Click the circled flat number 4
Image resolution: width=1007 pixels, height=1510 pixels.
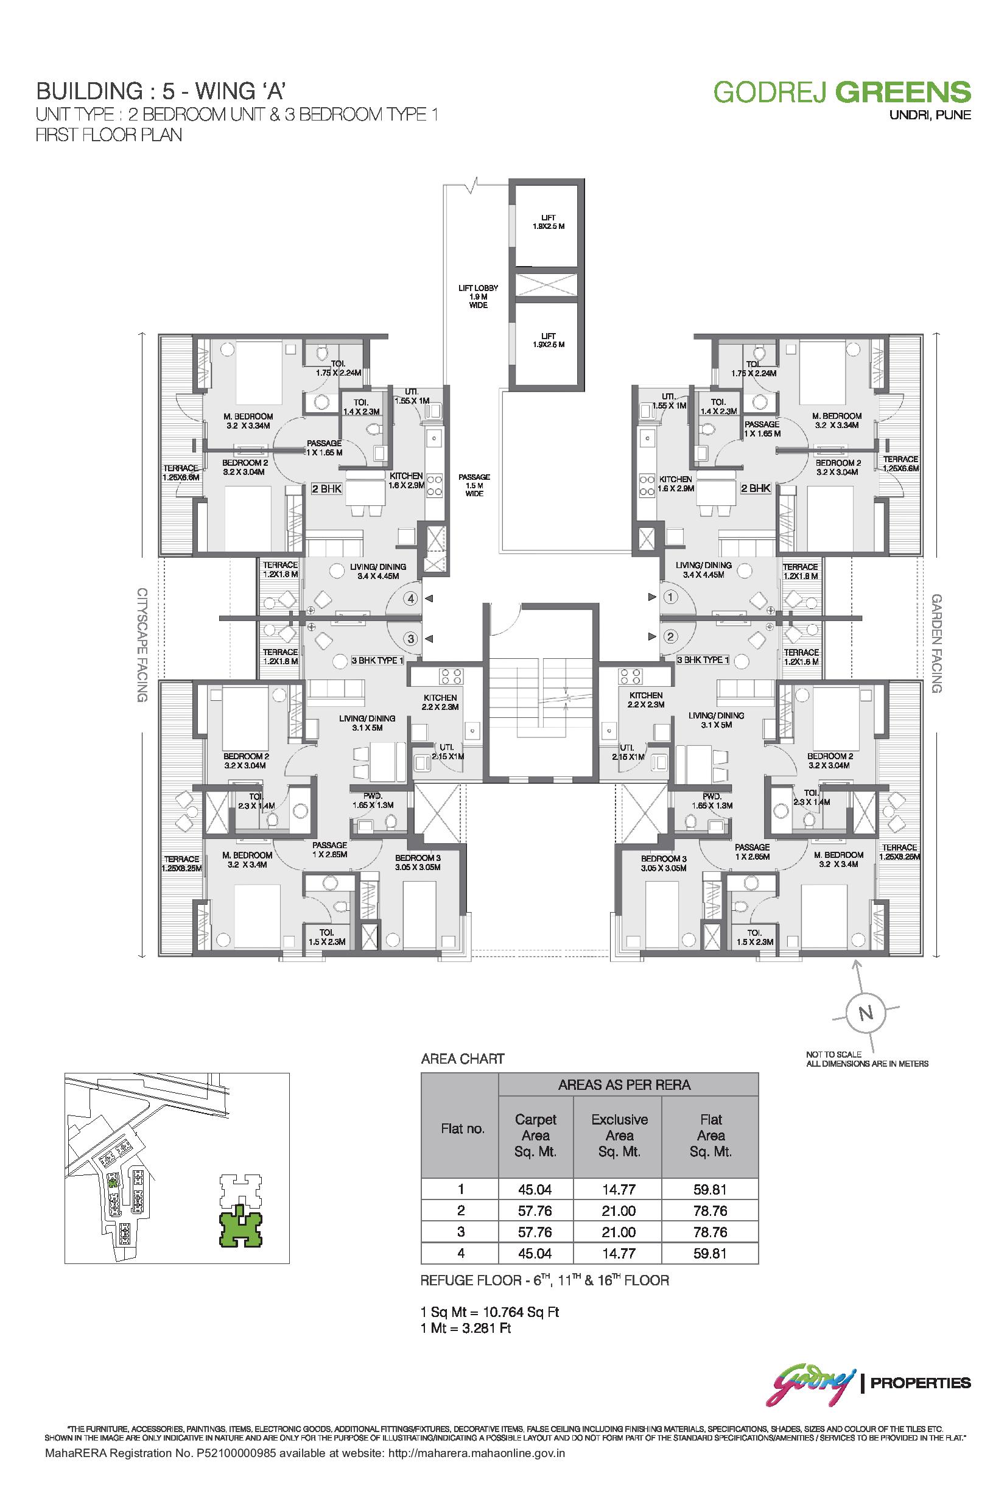point(411,598)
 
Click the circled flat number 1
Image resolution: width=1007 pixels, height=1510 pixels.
point(670,597)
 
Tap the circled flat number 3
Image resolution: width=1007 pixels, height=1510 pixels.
point(411,639)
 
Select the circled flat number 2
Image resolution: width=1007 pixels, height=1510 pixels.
point(670,637)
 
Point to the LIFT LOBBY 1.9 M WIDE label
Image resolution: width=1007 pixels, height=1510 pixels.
point(478,297)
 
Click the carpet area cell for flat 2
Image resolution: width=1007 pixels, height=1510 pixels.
point(535,1210)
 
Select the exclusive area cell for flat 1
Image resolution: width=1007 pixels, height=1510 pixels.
point(619,1190)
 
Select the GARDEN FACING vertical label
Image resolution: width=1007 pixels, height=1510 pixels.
point(936,643)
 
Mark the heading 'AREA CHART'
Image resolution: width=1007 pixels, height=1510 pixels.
point(462,1059)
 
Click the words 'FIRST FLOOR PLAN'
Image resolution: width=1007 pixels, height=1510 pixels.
point(108,135)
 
